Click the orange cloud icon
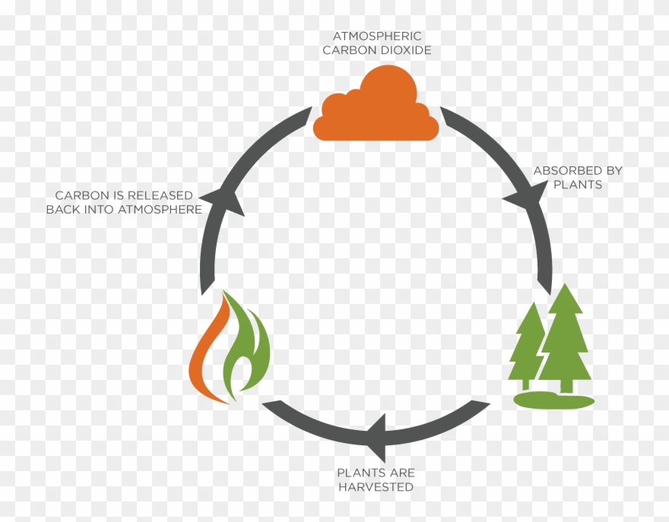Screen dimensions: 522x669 pyautogui.click(x=376, y=110)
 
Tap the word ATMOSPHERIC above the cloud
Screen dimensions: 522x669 pyautogui.click(x=376, y=36)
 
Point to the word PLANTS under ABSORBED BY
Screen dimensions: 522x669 pyautogui.click(x=578, y=185)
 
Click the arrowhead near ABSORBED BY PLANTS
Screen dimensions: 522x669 pyautogui.click(x=525, y=196)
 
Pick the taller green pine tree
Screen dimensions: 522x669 pyautogui.click(x=565, y=334)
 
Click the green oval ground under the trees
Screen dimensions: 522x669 pyautogui.click(x=553, y=401)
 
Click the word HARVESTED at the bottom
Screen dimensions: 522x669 pyautogui.click(x=376, y=486)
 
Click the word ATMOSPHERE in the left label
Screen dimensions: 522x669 pyautogui.click(x=162, y=210)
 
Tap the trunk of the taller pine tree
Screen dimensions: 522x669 pyautogui.click(x=566, y=386)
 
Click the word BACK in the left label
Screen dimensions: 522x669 pyautogui.click(x=62, y=210)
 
